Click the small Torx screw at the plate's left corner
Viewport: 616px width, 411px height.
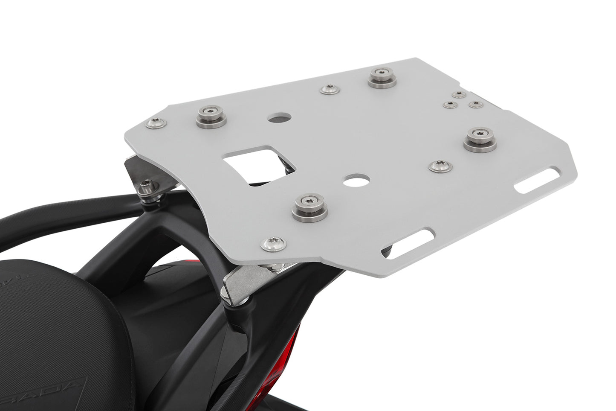coord(156,123)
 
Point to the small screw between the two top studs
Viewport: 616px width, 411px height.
coord(330,89)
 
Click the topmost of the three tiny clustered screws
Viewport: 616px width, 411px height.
coord(459,94)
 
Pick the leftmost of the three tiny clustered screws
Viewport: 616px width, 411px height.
coord(450,105)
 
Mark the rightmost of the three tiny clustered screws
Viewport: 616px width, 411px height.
coord(476,104)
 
